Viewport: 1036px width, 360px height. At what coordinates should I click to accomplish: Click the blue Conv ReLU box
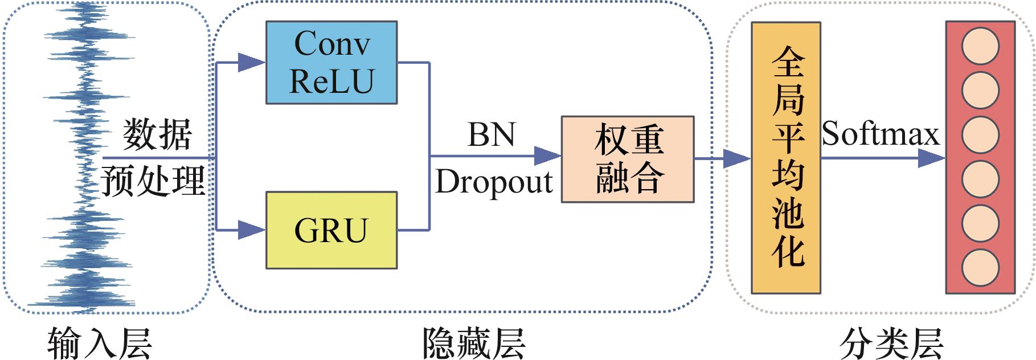click(331, 63)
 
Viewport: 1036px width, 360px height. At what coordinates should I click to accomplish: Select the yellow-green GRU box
click(331, 230)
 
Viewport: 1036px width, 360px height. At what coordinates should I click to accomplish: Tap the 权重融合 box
click(628, 159)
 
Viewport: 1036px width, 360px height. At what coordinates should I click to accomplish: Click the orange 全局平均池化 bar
click(786, 158)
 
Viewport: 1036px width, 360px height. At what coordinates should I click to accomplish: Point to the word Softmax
click(880, 135)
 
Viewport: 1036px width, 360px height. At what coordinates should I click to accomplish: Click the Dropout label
click(494, 182)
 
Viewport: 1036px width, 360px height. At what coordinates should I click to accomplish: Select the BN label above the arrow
click(491, 135)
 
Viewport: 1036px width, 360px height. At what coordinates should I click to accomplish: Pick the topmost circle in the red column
click(980, 46)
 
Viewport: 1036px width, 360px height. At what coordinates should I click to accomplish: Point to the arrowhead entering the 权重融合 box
click(548, 156)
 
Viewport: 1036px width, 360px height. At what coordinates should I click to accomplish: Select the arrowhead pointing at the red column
click(932, 158)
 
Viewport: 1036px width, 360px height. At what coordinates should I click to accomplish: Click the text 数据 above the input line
click(157, 135)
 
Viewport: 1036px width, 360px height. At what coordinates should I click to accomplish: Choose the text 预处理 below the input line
click(153, 181)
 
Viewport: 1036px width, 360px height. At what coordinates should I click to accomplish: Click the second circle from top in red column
click(980, 91)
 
